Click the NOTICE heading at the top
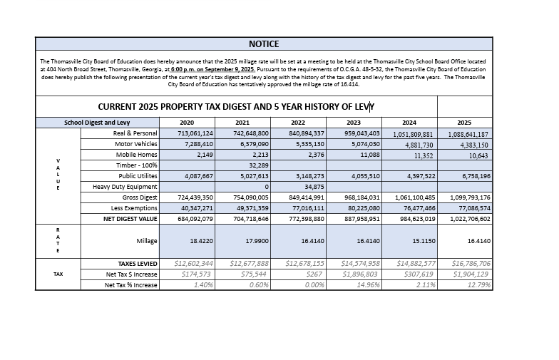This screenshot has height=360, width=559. point(264,44)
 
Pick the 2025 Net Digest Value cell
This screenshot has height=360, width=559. point(469,219)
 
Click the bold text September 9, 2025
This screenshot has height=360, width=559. point(224,69)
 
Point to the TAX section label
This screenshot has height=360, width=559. point(58,274)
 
